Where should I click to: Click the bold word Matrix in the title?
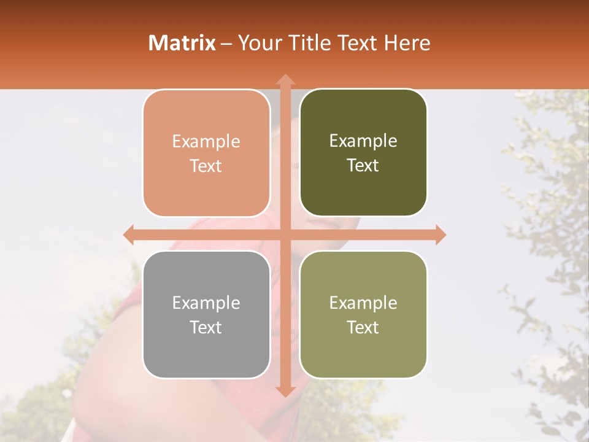[182, 42]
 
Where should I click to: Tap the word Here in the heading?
[407, 42]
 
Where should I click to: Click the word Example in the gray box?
[206, 303]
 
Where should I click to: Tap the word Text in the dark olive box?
[363, 165]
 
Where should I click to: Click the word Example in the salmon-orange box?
[206, 141]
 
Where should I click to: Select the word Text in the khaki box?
[363, 327]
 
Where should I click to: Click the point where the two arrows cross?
[285, 235]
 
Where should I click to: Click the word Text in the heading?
[358, 42]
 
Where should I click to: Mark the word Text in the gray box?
[206, 327]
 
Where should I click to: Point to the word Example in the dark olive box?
[363, 141]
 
